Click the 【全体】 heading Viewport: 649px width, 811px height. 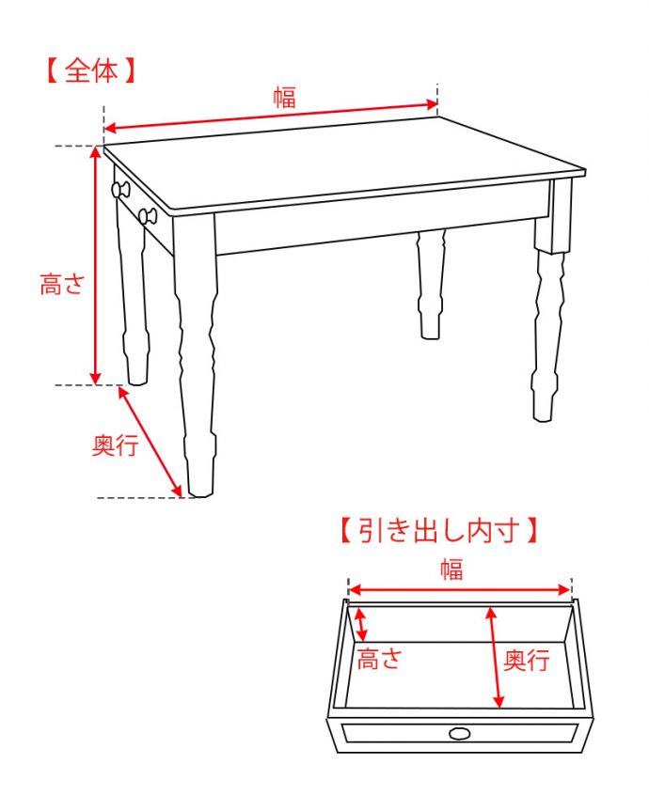click(90, 70)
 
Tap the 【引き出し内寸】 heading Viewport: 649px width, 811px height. click(439, 531)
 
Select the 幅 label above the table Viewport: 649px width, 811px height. click(285, 97)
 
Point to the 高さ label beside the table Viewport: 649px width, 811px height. click(62, 284)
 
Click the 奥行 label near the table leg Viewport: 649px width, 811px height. click(115, 444)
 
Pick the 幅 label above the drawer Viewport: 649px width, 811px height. click(451, 569)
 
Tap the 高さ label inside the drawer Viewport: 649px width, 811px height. click(379, 659)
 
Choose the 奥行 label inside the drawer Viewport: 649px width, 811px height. click(527, 660)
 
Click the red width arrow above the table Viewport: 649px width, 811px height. click(271, 117)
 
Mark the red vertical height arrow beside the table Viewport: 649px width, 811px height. click(96, 266)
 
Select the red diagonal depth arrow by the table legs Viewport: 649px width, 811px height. click(150, 442)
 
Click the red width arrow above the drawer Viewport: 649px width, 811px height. click(460, 590)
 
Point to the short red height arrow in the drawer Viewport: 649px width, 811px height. click(362, 625)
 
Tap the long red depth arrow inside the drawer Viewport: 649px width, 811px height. click(495, 658)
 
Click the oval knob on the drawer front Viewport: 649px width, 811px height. click(460, 733)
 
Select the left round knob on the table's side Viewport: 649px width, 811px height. click(120, 189)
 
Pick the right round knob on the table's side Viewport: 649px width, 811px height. click(148, 215)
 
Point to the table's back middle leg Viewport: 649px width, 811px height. click(431, 285)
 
